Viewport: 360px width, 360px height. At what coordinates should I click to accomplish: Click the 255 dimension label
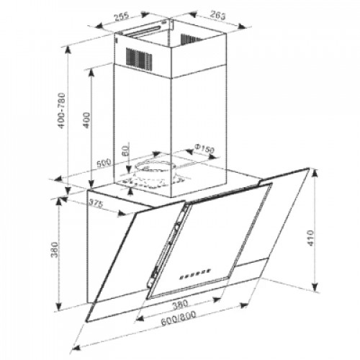pos(122,17)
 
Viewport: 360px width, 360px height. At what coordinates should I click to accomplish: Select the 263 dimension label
pos(218,15)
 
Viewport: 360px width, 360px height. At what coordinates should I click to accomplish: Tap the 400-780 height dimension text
pos(62,111)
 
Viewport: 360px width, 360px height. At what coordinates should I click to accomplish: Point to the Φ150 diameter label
pos(204,148)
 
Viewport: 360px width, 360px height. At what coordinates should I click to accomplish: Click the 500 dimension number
pos(104,163)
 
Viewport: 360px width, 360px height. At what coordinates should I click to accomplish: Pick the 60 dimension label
pos(126,150)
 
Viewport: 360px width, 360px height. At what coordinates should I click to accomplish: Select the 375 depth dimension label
pos(96,203)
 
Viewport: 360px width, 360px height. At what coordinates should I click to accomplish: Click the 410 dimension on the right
pos(310,238)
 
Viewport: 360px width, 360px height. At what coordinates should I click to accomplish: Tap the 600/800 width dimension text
pos(179,318)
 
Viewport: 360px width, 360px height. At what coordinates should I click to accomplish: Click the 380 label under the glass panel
pos(180,305)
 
